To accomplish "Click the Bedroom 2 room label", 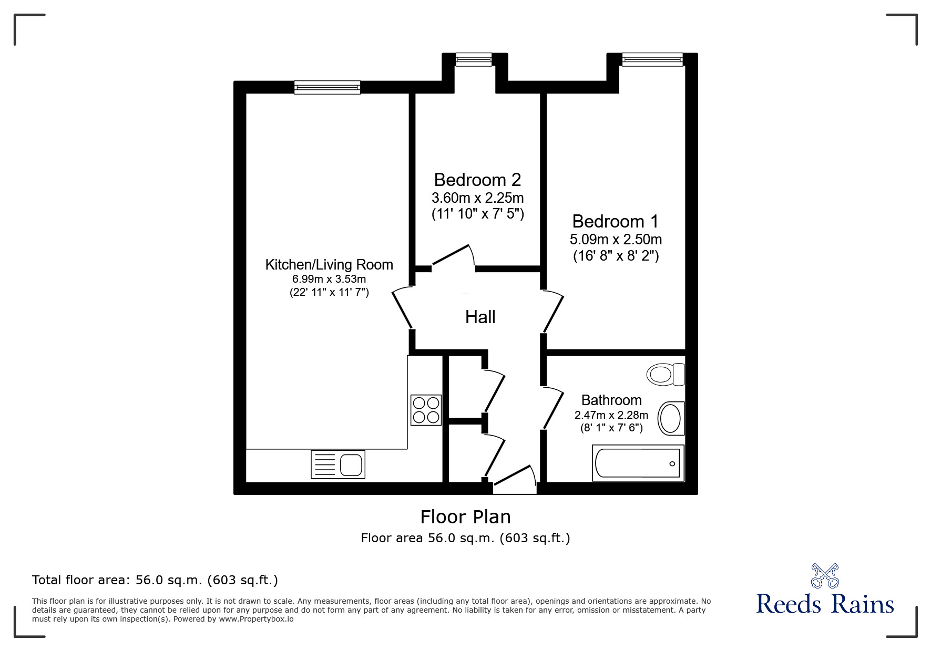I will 477,180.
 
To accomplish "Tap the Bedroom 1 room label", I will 615,221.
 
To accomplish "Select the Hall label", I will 480,317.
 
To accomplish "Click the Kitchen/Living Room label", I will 329,264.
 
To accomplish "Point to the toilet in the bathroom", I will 664,374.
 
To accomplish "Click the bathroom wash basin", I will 671,418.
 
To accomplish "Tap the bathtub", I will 638,463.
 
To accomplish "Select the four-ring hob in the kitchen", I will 426,410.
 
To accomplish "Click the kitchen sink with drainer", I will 338,464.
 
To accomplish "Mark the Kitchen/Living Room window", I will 327,87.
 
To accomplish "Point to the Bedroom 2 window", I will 474,59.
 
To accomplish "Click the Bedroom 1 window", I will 652,59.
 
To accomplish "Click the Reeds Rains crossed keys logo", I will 824,576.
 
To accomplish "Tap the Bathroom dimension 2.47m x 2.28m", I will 611,415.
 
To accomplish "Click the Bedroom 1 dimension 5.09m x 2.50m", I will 615,240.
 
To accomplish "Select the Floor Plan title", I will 465,517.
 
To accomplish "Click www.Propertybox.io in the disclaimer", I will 256,619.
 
